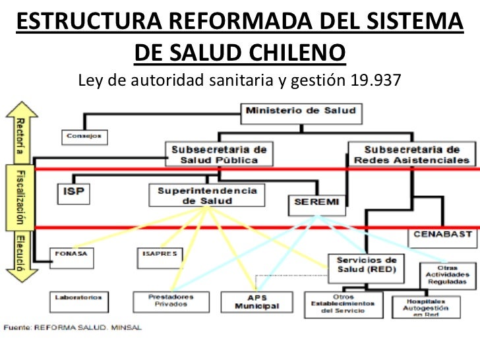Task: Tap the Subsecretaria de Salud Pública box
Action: [219, 154]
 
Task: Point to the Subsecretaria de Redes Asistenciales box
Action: [411, 154]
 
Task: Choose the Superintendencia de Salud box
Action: [206, 196]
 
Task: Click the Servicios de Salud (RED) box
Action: [367, 265]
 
